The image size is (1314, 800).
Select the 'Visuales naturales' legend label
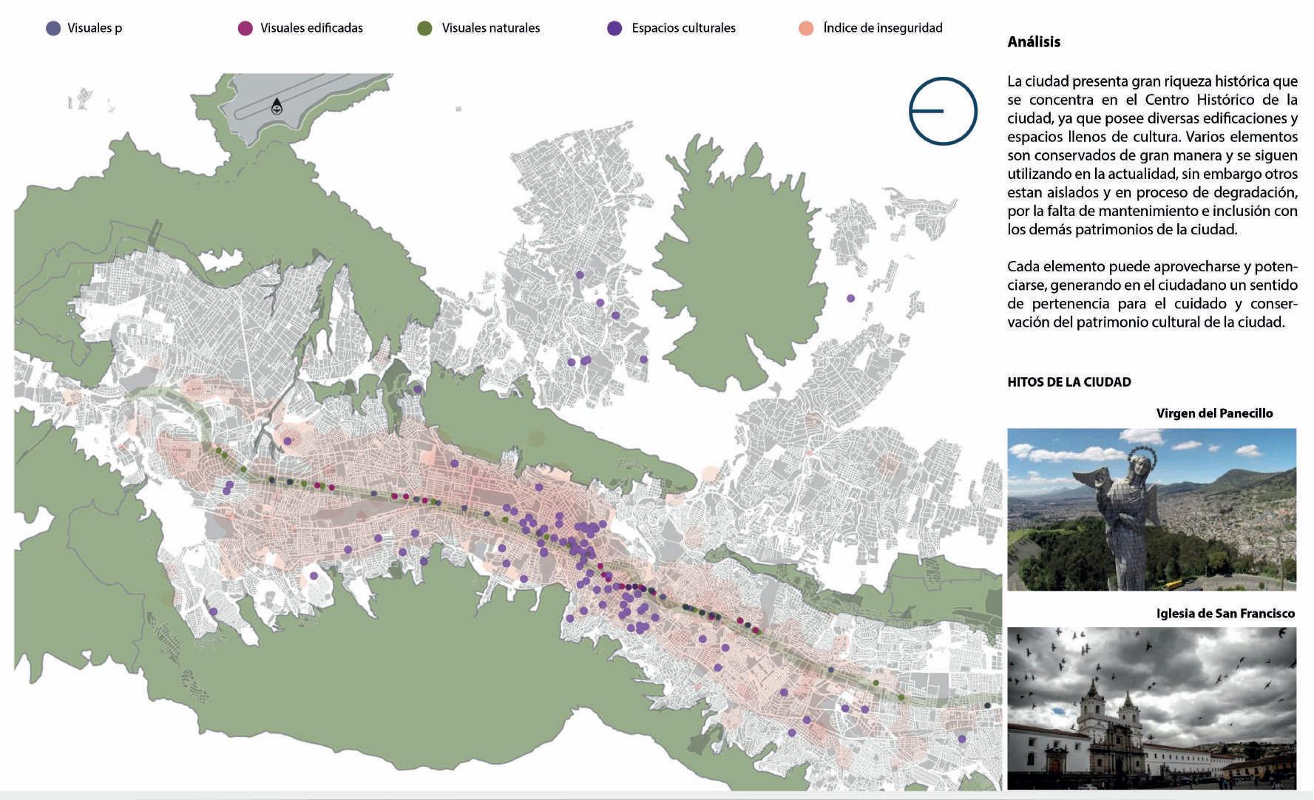490,28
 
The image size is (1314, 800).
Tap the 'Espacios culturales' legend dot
614,29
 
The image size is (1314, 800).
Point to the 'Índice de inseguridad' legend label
882,28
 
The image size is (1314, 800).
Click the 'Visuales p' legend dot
53,29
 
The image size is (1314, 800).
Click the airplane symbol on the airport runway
277,108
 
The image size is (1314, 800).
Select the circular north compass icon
943,111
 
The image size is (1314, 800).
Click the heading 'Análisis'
1034,42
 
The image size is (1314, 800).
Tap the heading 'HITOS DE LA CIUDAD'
1069,382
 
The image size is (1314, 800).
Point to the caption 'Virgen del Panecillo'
1214,413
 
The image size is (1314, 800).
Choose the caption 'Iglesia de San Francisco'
1225,614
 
